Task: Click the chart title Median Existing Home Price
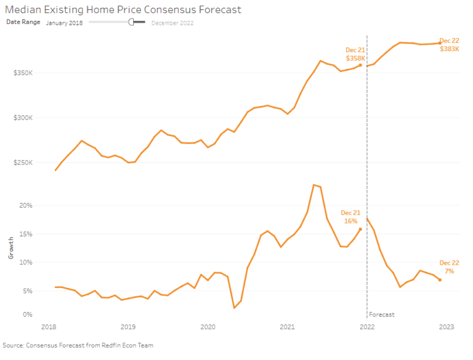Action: [123, 10]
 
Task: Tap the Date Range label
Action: [23, 22]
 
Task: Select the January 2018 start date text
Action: [65, 23]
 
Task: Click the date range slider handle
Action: [131, 22]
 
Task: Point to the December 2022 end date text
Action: [172, 23]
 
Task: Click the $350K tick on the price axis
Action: [23, 73]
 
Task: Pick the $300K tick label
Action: [23, 118]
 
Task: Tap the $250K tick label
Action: [23, 163]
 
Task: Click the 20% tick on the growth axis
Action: [25, 206]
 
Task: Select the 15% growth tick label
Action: [25, 234]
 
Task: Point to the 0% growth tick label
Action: [27, 314]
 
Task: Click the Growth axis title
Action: [10, 249]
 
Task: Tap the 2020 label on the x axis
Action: [208, 326]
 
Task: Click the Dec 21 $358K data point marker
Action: [360, 65]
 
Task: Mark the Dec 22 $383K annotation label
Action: [449, 44]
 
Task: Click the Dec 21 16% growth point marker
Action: [360, 229]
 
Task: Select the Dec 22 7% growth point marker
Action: [440, 280]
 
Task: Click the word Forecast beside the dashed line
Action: [382, 314]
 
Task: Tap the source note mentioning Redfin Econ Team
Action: [78, 345]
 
